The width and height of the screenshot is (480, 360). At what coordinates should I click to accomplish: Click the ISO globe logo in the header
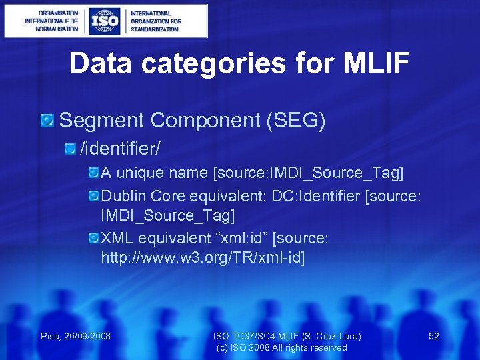tap(105, 21)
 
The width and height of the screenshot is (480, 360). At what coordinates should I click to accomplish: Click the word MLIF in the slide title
tap(377, 63)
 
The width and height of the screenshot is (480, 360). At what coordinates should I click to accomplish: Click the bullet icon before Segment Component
tap(47, 121)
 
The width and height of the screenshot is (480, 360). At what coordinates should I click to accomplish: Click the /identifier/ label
tap(120, 145)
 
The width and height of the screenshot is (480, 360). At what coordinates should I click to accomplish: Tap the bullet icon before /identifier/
tap(71, 145)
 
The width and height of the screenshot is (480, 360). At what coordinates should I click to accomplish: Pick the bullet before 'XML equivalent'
tap(94, 238)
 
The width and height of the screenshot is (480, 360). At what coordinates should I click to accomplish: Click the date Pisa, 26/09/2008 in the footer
tap(75, 336)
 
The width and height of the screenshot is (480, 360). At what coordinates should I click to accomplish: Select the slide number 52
tap(433, 336)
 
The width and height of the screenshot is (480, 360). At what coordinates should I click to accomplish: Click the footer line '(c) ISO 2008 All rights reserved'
tap(282, 347)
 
